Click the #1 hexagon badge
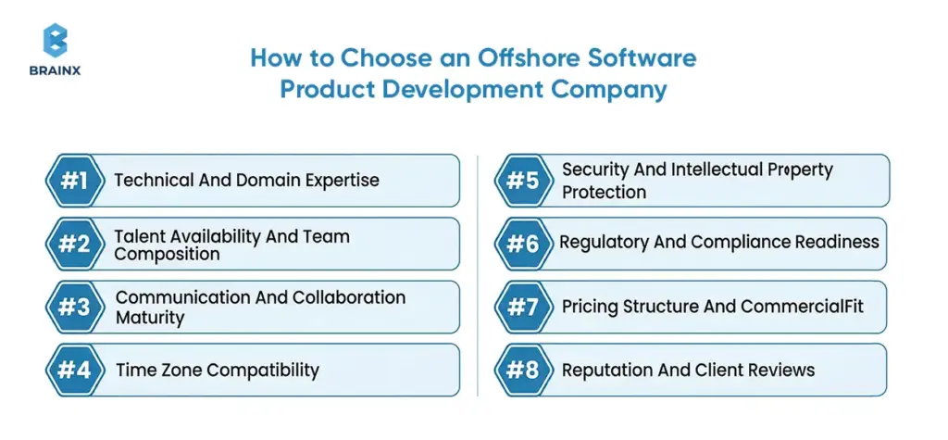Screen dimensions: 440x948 (x=74, y=181)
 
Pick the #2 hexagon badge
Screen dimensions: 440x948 (x=74, y=244)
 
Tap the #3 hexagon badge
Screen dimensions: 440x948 (x=74, y=307)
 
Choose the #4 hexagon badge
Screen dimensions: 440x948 (x=74, y=370)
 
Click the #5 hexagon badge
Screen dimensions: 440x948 (x=523, y=181)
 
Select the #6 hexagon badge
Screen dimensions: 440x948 (x=523, y=244)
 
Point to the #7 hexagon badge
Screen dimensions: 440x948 (x=523, y=307)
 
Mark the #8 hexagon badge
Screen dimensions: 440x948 (x=523, y=370)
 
